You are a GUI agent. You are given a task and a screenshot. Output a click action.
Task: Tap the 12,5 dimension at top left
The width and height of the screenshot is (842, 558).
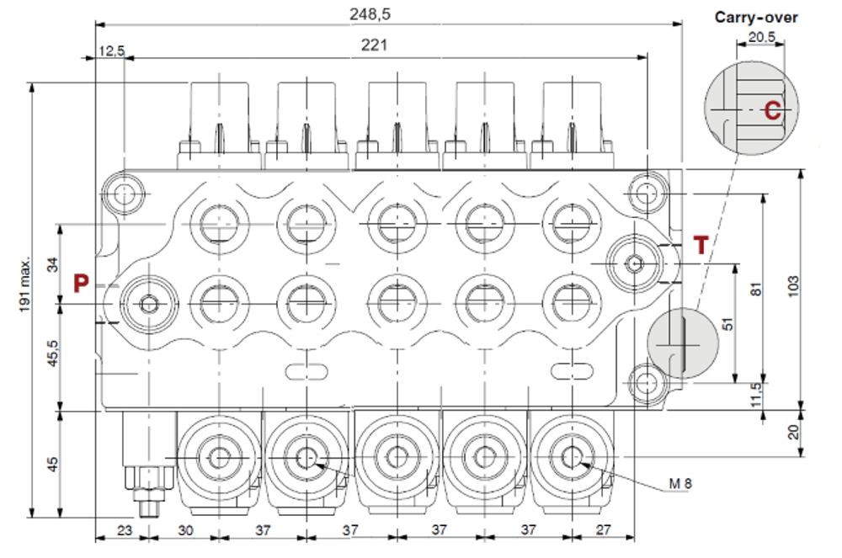(111, 51)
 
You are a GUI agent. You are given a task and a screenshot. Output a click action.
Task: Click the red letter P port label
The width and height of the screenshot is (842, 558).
(81, 283)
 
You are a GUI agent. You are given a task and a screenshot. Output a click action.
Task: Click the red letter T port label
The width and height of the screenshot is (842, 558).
(701, 246)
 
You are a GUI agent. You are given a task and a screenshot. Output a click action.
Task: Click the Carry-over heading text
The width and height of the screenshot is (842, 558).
(756, 17)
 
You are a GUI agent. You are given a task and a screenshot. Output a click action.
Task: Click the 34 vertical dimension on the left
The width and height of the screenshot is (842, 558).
(53, 265)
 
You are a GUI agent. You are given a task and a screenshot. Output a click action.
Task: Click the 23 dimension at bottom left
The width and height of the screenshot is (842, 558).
(124, 530)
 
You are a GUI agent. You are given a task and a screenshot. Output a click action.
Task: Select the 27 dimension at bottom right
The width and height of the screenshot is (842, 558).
(602, 530)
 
